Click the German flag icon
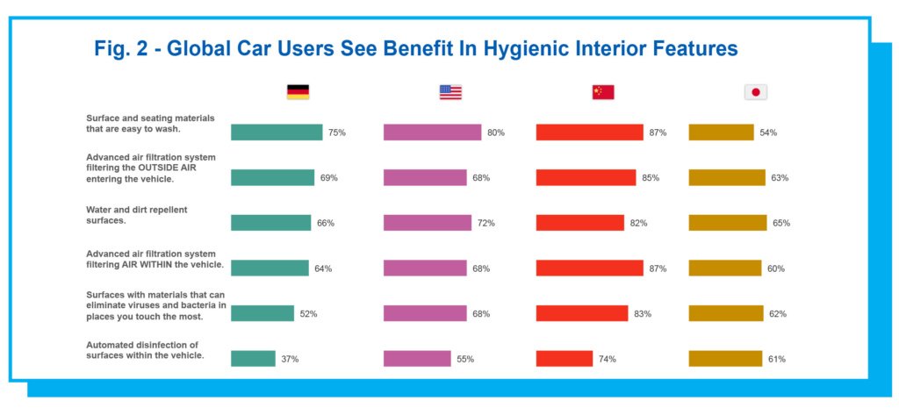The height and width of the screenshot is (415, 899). click(x=298, y=92)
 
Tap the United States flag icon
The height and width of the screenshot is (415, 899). click(x=450, y=92)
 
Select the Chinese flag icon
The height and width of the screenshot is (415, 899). click(x=603, y=92)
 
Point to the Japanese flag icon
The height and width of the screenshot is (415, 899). click(x=755, y=92)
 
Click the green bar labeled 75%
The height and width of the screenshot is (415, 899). click(x=277, y=132)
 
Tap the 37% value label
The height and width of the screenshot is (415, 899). click(x=290, y=359)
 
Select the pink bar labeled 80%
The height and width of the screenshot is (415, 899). click(x=432, y=132)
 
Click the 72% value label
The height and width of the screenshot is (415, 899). click(x=485, y=223)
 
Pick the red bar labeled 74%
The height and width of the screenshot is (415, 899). click(x=565, y=359)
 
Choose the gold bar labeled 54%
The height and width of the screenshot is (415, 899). click(x=721, y=132)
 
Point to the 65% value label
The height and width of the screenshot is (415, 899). click(x=780, y=223)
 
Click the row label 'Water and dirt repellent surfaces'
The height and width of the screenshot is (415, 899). click(x=136, y=216)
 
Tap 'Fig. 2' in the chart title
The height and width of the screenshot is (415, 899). click(x=119, y=49)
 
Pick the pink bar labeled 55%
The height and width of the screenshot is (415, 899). click(x=417, y=359)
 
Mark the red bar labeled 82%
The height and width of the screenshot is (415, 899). click(x=579, y=223)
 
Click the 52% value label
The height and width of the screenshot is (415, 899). click(x=310, y=313)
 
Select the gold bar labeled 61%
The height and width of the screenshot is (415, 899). click(x=725, y=359)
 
